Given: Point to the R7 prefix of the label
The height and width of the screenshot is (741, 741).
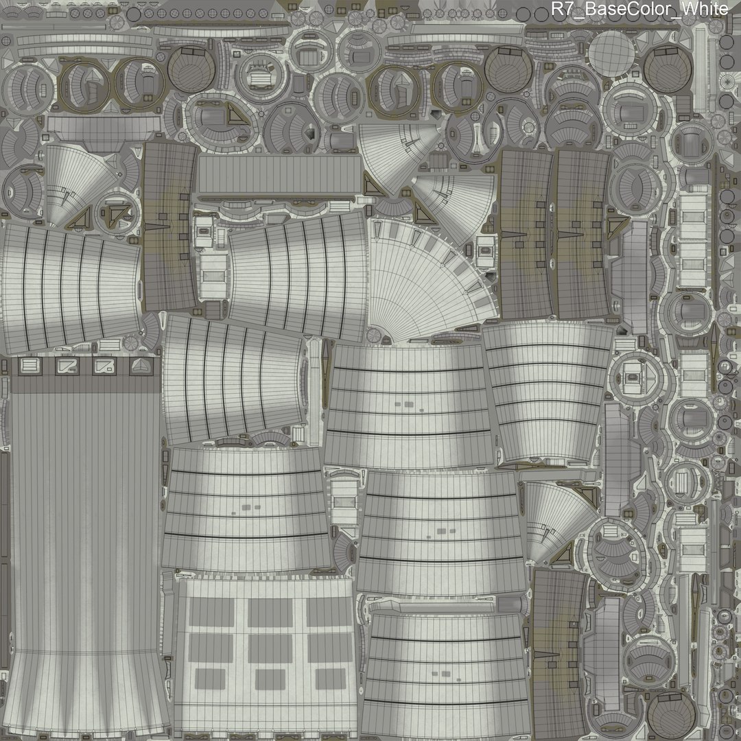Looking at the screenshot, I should [562, 10].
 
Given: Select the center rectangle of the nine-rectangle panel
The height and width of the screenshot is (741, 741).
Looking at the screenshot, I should [270, 646].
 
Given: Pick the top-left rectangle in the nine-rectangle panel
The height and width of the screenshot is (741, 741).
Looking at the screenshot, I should [211, 611].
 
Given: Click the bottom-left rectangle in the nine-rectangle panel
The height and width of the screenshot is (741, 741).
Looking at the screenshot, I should [211, 679].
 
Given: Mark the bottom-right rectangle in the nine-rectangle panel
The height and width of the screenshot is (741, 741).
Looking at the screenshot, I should [330, 679].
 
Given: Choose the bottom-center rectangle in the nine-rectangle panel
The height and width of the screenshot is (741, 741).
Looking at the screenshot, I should [270, 679].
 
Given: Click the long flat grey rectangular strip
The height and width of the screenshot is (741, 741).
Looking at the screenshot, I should [279, 174].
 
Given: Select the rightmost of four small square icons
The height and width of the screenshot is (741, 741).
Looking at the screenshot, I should [140, 366].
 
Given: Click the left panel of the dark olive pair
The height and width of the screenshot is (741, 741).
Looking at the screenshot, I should [527, 233].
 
